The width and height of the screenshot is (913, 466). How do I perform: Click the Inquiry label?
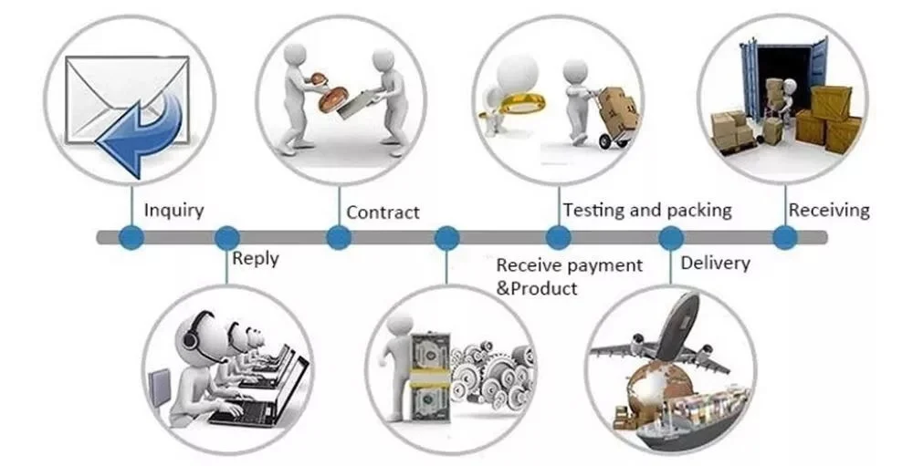(x=173, y=211)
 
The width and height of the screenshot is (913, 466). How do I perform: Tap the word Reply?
(x=256, y=258)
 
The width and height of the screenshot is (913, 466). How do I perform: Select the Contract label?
(x=383, y=212)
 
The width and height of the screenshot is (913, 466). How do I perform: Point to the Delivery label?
(x=715, y=264)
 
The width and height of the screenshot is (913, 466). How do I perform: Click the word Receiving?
(x=829, y=211)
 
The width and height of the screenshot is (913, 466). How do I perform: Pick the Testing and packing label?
(x=646, y=210)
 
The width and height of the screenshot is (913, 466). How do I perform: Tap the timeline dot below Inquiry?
(x=133, y=238)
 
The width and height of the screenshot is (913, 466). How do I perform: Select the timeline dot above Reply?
(x=226, y=238)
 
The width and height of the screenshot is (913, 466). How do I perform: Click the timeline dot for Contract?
(x=339, y=238)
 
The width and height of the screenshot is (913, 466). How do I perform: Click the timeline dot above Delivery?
(x=671, y=238)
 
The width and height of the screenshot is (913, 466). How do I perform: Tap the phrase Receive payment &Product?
(x=568, y=276)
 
